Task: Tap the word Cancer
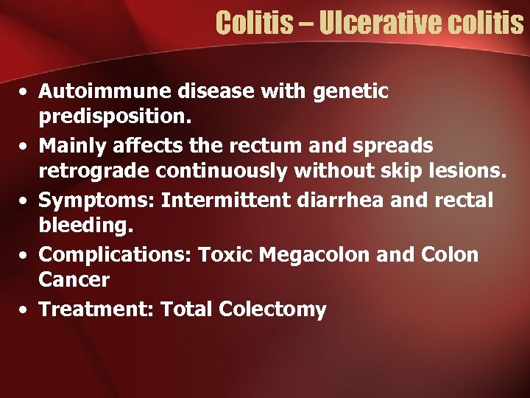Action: (x=74, y=280)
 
